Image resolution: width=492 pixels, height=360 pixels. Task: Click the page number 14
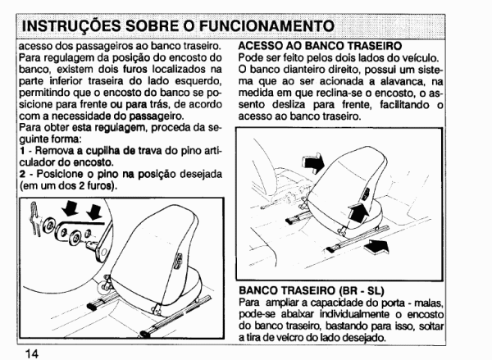coord(31,353)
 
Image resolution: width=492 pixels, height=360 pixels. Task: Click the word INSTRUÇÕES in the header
coord(71,26)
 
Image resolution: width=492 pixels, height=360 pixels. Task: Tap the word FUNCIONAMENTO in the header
coord(267,26)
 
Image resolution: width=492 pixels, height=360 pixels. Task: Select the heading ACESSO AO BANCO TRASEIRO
coord(320,46)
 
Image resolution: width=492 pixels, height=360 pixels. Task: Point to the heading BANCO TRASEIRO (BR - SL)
coord(312,290)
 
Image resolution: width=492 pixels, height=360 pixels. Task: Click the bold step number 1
coord(22,151)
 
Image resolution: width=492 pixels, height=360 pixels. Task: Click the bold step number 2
coord(22,174)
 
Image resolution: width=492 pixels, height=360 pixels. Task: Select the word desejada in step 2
coord(201,175)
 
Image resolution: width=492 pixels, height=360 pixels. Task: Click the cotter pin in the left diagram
coord(35,218)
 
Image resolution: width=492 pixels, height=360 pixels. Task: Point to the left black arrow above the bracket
coord(70,208)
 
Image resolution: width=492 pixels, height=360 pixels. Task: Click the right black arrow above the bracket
coord(93,212)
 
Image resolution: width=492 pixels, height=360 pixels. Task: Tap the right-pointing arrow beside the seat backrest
coord(312,162)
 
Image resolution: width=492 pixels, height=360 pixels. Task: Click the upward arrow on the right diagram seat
coord(358,212)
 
